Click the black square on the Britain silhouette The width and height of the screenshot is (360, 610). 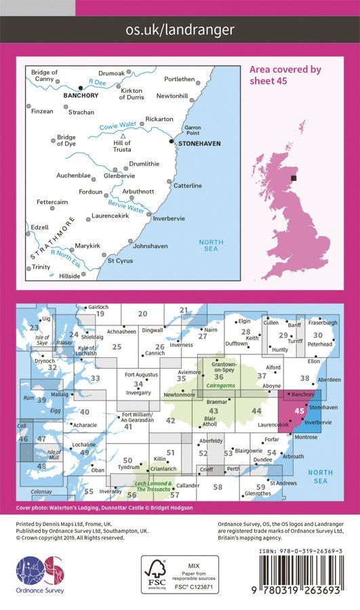(294, 178)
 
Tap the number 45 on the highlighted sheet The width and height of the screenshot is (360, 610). (299, 410)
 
